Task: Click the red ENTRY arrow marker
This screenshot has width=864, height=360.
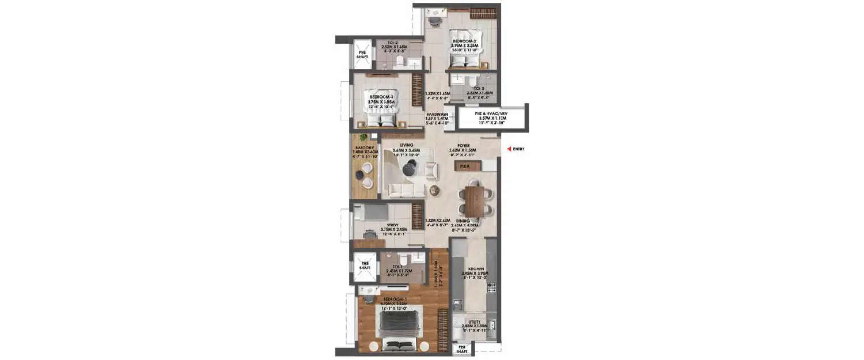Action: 507,149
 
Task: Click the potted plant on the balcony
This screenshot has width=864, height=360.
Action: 362,138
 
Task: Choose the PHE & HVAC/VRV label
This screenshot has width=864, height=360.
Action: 491,114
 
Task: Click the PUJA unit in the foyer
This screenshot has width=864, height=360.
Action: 464,166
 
